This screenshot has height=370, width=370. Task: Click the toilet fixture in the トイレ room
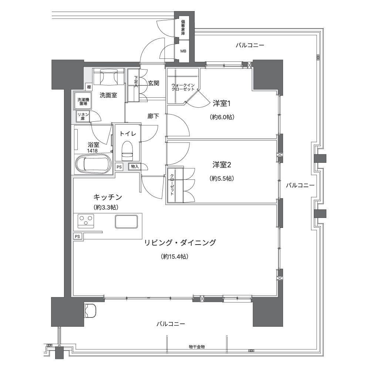[127, 151]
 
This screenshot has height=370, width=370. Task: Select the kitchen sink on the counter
[126, 222]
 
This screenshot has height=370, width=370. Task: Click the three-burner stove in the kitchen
[86, 221]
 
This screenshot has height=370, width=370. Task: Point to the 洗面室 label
[108, 95]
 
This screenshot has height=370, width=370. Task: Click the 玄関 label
[154, 83]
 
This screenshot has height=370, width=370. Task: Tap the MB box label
[184, 51]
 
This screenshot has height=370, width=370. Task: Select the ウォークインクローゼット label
[183, 87]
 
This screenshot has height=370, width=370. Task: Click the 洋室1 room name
[222, 103]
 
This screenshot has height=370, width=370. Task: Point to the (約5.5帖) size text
[222, 178]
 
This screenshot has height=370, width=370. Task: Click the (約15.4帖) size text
[175, 256]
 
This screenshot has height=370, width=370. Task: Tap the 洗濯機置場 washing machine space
[83, 101]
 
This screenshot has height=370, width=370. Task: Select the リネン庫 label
[83, 117]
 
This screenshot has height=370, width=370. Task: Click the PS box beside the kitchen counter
[77, 236]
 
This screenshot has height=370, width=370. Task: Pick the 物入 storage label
[135, 166]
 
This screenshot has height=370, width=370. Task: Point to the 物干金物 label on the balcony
[197, 347]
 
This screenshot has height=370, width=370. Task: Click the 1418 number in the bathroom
[92, 151]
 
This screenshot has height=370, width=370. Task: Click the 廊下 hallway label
[153, 116]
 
